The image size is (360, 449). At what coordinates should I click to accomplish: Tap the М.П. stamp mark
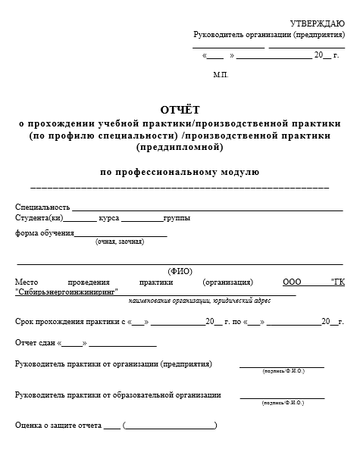point(221,76)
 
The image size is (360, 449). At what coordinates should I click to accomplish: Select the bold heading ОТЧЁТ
point(180,111)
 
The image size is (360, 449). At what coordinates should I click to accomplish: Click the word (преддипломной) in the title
point(180,148)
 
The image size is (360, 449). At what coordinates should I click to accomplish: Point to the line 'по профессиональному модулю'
point(180,172)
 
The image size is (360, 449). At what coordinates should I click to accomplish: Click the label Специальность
point(42,207)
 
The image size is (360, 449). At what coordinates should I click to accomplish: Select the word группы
point(177,218)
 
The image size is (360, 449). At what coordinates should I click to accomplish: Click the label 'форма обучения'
point(44,233)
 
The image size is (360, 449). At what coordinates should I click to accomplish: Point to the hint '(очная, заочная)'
point(119,242)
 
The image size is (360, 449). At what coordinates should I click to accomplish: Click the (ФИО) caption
point(180,270)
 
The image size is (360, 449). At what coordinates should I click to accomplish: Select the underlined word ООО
point(292,282)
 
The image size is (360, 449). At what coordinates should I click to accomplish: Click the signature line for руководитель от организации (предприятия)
point(282,366)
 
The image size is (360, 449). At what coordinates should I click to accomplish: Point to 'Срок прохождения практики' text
point(68,322)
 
